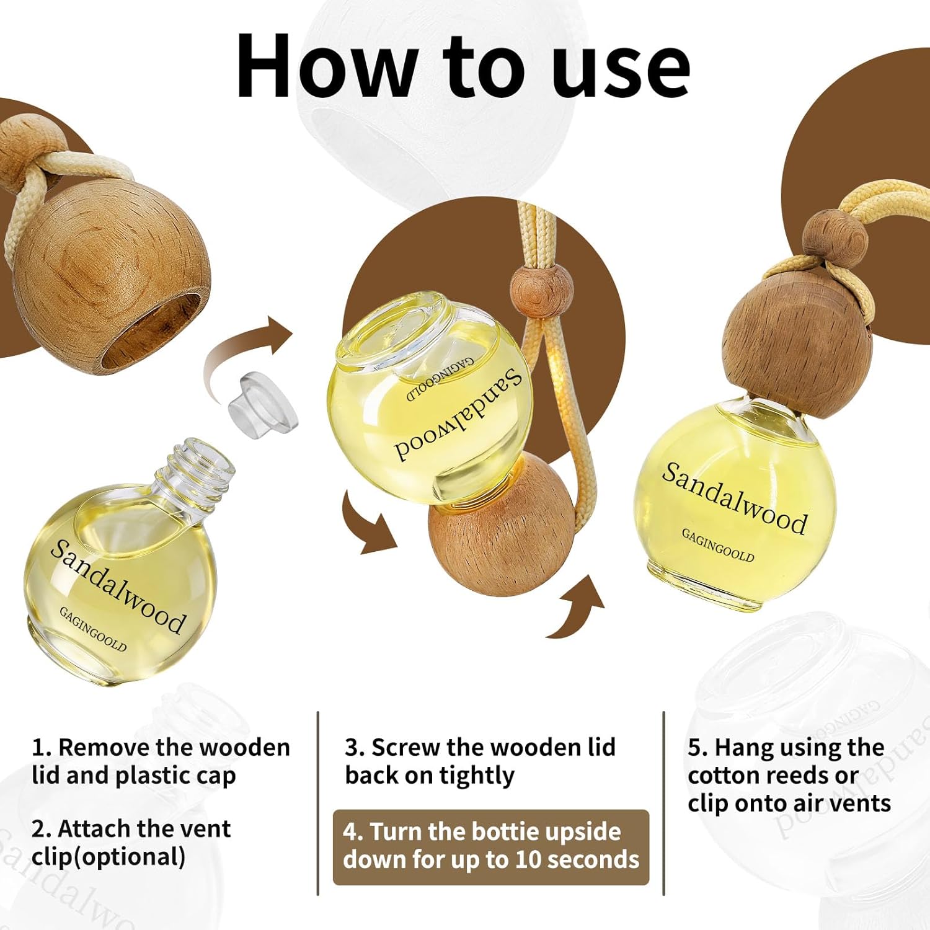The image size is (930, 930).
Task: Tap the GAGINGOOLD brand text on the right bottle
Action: (718, 545)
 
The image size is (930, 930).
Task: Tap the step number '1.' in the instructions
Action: (42, 748)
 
